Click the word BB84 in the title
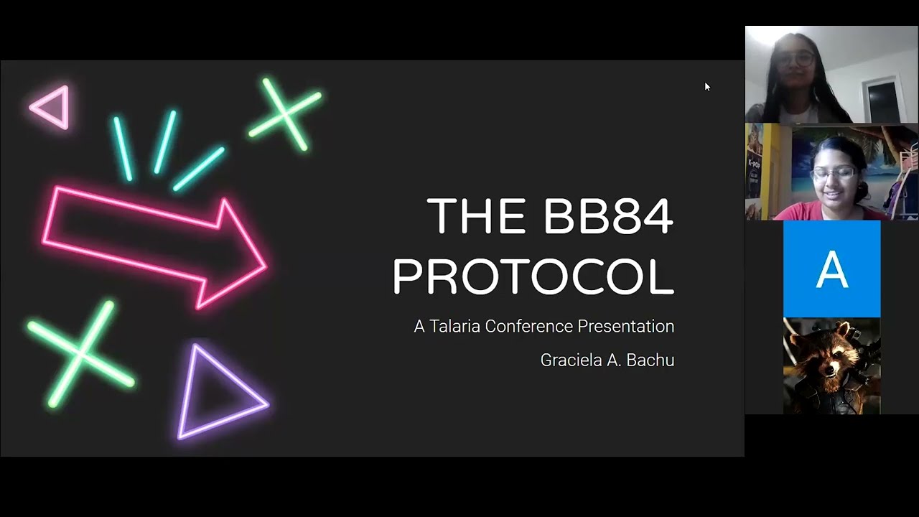click(x=608, y=216)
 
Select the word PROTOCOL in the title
click(x=533, y=276)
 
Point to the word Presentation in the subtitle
click(x=625, y=327)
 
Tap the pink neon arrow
click(x=154, y=244)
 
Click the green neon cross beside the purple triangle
click(x=80, y=353)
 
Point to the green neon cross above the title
click(x=285, y=114)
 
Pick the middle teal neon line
click(x=164, y=141)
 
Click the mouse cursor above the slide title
click(x=707, y=87)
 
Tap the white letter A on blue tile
click(x=831, y=269)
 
